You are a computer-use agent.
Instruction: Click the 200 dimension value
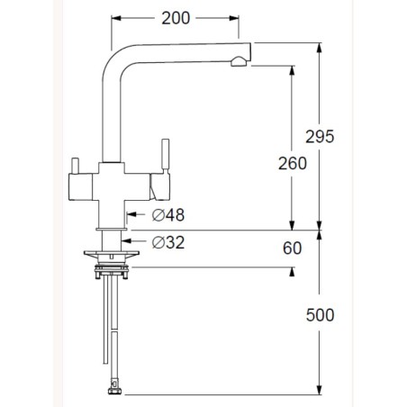(x=176, y=18)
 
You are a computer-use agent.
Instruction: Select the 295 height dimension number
(x=320, y=137)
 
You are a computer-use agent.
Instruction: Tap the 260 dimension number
(x=293, y=164)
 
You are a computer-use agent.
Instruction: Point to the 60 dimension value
(x=292, y=249)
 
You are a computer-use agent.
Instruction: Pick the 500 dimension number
(x=320, y=315)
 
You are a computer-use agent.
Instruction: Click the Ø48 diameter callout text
(x=168, y=215)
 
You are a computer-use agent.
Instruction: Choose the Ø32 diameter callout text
(x=168, y=242)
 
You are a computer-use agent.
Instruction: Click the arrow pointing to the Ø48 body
(x=136, y=214)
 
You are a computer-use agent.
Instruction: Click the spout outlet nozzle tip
(x=239, y=61)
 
